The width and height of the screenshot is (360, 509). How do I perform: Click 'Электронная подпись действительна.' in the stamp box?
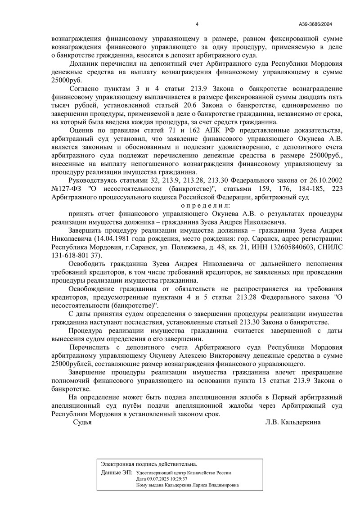click(x=149, y=464)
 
